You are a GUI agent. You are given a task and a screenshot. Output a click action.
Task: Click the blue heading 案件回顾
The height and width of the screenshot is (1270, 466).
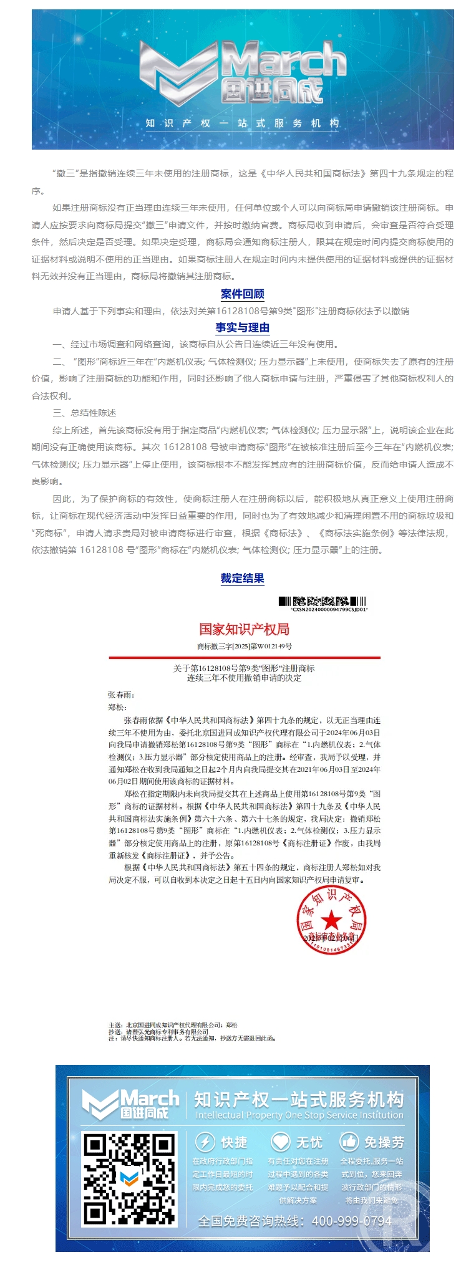coord(242,294)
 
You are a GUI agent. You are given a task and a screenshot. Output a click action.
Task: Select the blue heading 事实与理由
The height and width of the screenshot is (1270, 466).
coord(242,327)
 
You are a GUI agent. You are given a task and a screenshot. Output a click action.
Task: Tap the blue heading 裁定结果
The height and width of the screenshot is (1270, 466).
coord(242,578)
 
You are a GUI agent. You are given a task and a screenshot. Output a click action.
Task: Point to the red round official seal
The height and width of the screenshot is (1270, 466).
coord(331,920)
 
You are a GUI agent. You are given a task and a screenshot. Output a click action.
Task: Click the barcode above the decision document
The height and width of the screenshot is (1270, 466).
coord(322,601)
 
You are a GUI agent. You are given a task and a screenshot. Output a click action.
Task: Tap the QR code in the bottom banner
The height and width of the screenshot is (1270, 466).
coord(130,1179)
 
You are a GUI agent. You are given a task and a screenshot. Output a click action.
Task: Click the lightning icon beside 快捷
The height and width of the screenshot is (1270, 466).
coord(205,1142)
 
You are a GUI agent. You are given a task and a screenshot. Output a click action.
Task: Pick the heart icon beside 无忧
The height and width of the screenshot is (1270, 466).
coord(280,1142)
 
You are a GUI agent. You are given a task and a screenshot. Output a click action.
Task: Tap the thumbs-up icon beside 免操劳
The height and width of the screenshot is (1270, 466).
coord(349,1142)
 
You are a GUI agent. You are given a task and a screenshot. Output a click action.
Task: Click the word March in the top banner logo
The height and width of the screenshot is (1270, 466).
coord(284,60)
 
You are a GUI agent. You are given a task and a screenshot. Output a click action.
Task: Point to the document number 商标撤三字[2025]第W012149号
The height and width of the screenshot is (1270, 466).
coord(244,646)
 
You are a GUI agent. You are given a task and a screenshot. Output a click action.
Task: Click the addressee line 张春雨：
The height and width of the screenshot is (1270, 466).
coord(121,695)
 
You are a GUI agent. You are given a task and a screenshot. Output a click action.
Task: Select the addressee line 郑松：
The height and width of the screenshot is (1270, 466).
coord(117,707)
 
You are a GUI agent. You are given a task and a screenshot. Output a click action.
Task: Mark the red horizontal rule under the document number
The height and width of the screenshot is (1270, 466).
coord(244,657)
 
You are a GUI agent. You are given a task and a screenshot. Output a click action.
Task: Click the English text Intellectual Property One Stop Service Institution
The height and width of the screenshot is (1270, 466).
coord(299,1115)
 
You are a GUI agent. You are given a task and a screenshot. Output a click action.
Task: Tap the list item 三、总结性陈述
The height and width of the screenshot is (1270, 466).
coord(84,413)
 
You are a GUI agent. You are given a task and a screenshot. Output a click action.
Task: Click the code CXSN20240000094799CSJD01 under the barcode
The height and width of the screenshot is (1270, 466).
coord(329,609)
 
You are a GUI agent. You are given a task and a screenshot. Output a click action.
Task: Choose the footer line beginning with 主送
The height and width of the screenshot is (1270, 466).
coord(173,1025)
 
